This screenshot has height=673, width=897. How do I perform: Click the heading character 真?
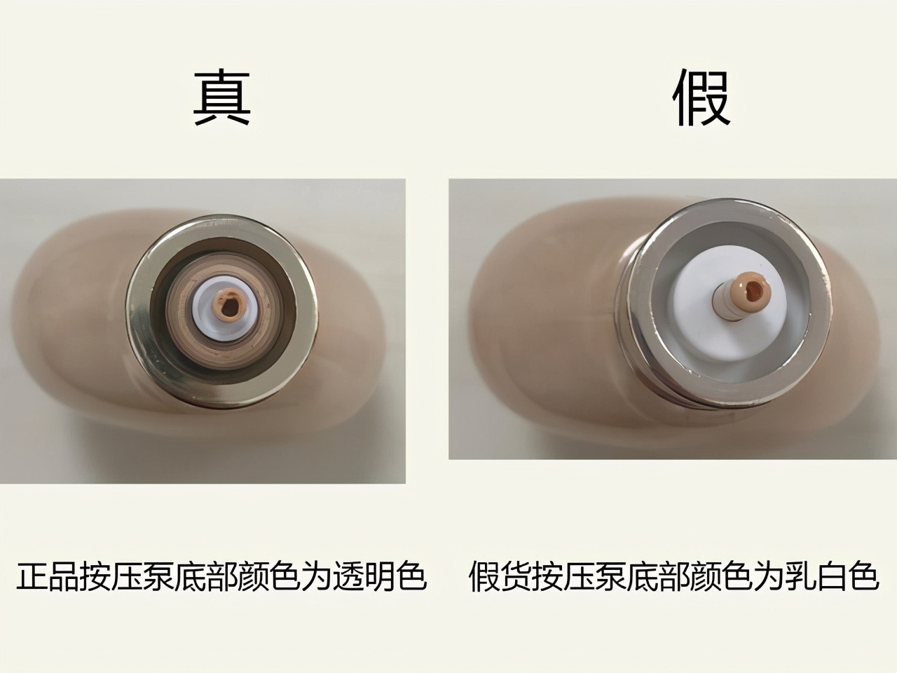coord(221,99)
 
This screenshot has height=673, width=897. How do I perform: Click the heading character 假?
coord(701,99)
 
